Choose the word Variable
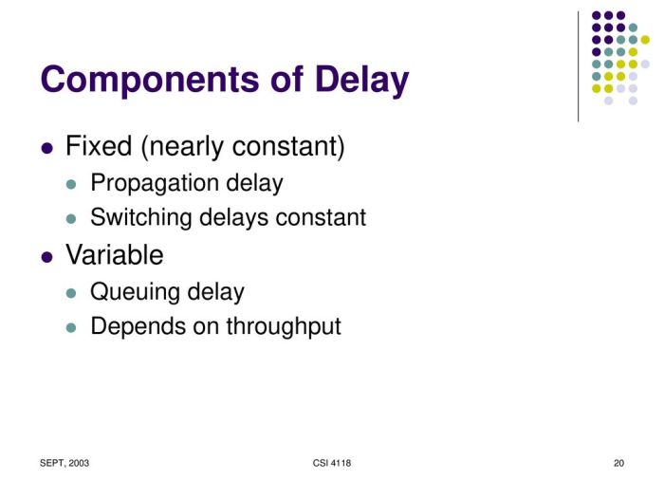pyautogui.click(x=114, y=255)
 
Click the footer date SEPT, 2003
pyautogui.click(x=65, y=463)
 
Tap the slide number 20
pyautogui.click(x=618, y=463)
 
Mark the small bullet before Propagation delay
pyautogui.click(x=70, y=184)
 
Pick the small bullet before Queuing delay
pyautogui.click(x=70, y=293)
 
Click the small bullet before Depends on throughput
pyautogui.click(x=70, y=327)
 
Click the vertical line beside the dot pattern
pyautogui.click(x=578, y=65)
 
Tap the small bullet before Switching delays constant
pyautogui.click(x=70, y=218)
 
